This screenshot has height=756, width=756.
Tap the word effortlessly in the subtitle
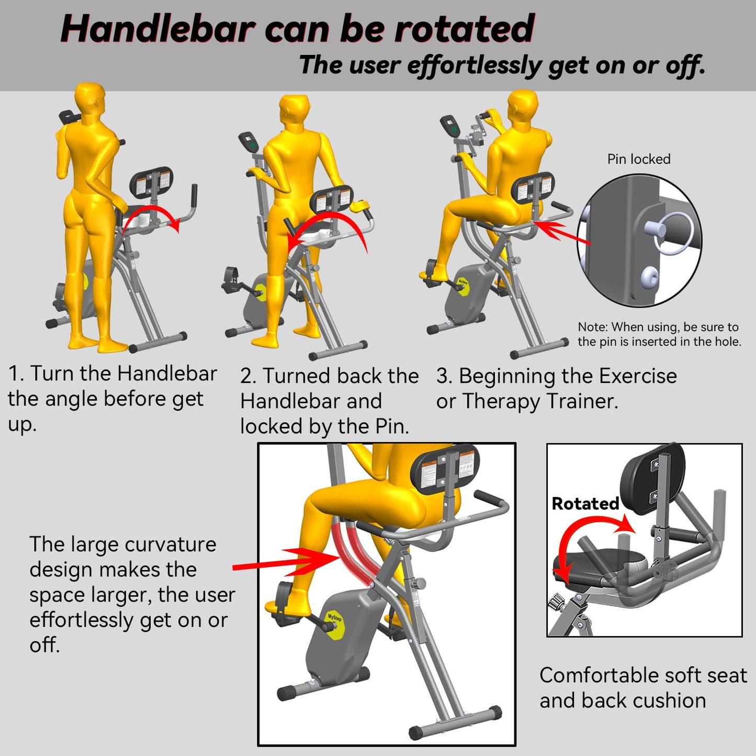pos(475,66)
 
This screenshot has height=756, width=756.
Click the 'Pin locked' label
pos(638,159)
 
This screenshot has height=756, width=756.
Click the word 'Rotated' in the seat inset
pos(585,503)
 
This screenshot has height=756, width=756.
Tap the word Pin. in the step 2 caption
pos(392,426)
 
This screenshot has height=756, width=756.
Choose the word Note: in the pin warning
pos(593,327)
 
